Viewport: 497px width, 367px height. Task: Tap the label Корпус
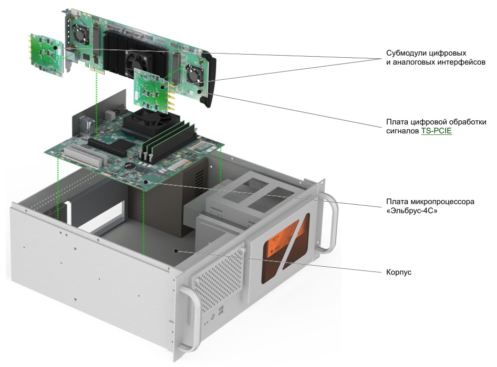(x=399, y=272)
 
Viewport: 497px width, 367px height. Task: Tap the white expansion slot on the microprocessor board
(x=81, y=158)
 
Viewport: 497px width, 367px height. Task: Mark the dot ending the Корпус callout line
(x=177, y=251)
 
